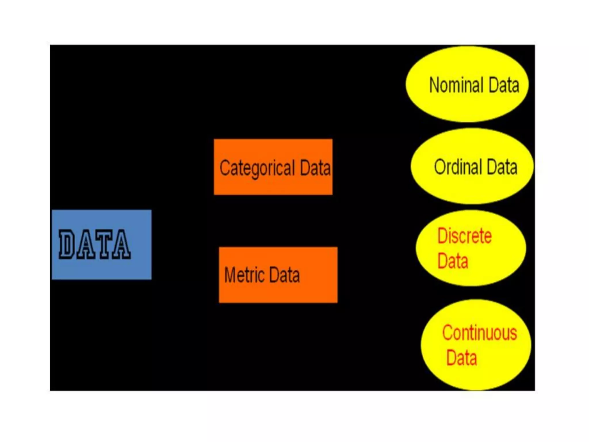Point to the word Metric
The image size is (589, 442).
pos(244,275)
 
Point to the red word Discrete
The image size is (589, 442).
pos(464,236)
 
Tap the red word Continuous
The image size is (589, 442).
pos(479,333)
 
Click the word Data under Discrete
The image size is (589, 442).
pos(453,261)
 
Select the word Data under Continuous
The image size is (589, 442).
pos(461,358)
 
